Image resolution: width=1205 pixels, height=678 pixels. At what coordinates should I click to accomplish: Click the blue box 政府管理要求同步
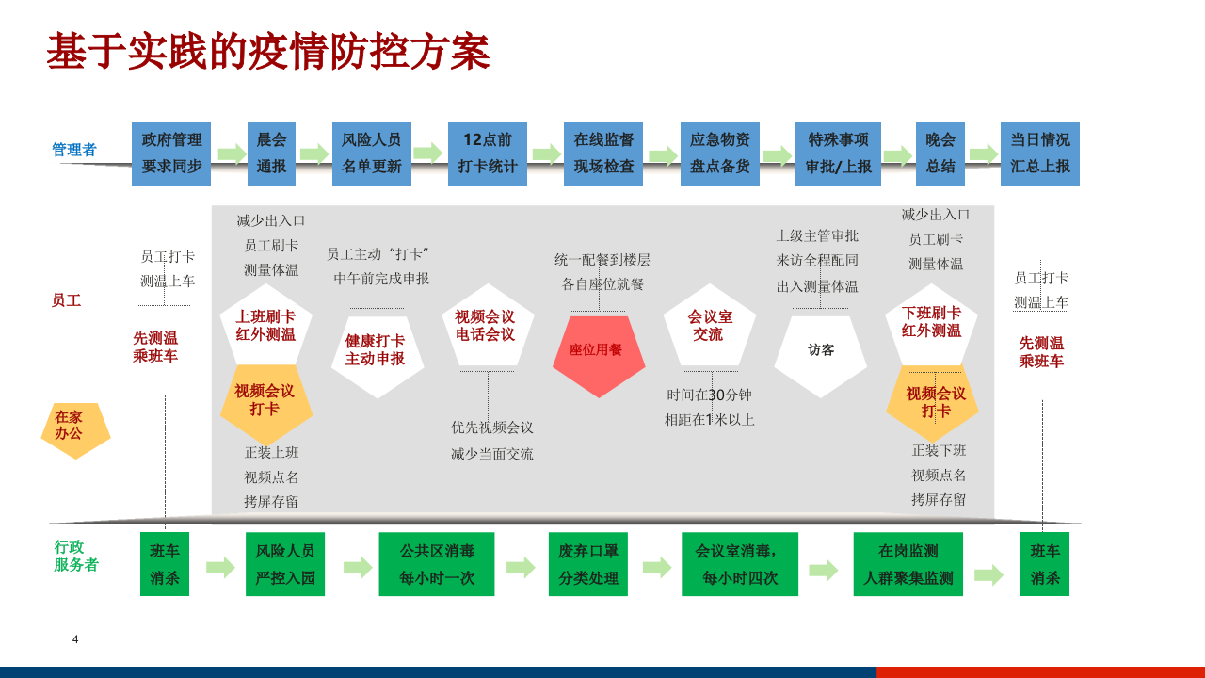coord(171,153)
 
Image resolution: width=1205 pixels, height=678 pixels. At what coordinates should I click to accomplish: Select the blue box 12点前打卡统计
coord(488,153)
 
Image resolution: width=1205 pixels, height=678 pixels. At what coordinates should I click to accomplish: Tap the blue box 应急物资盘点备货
coord(719,153)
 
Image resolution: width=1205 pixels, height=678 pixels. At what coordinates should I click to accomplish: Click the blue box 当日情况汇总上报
coord(1039,153)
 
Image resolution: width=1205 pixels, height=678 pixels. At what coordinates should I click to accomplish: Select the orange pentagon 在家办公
coord(75,429)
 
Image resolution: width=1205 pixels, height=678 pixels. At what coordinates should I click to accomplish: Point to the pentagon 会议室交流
coord(709,327)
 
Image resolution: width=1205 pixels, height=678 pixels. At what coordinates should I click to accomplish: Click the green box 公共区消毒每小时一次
coord(436,564)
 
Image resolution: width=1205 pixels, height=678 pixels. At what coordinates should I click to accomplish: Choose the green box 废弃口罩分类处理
coord(587,564)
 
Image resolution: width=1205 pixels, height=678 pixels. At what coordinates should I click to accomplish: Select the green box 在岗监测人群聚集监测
coord(908,564)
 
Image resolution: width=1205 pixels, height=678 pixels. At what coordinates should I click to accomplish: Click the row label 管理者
coord(73,150)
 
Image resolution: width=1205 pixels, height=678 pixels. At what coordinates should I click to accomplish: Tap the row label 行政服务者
coord(75,556)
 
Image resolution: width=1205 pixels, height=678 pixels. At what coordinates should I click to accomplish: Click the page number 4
coord(75,639)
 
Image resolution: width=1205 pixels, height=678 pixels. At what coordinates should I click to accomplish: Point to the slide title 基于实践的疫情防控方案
coord(268,52)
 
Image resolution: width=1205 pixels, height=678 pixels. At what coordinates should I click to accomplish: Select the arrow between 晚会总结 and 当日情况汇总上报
coord(983,153)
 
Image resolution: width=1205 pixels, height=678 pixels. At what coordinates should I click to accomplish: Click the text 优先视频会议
coord(491,428)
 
